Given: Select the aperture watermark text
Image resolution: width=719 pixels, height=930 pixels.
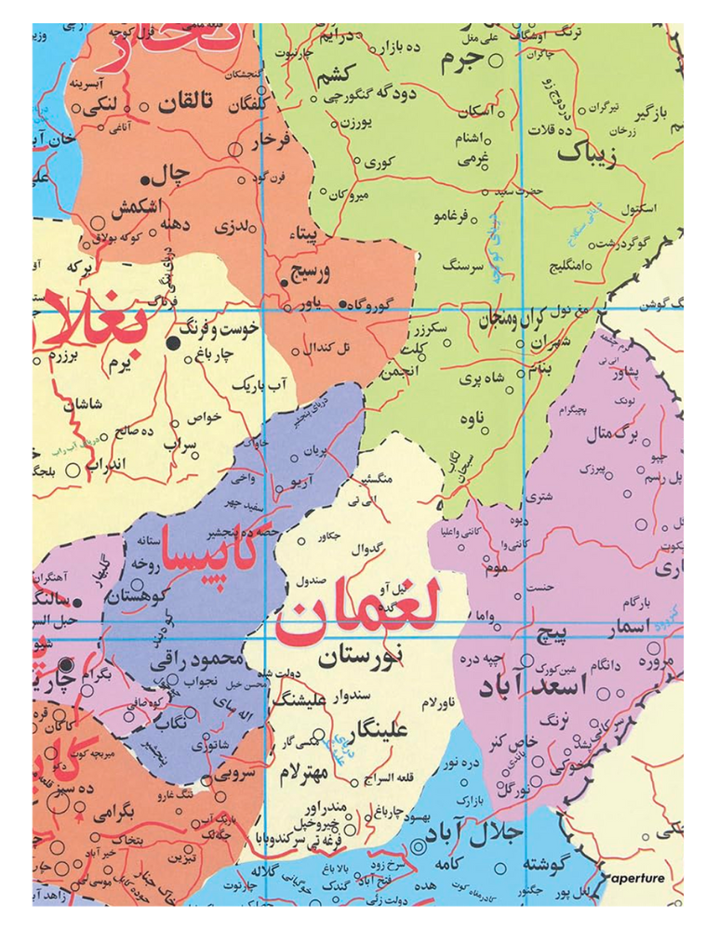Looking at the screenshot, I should click(x=638, y=878).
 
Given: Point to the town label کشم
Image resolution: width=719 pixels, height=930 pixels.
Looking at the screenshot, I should click(x=340, y=74).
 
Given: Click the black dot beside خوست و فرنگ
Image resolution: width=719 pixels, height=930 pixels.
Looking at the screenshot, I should click(x=173, y=343).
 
